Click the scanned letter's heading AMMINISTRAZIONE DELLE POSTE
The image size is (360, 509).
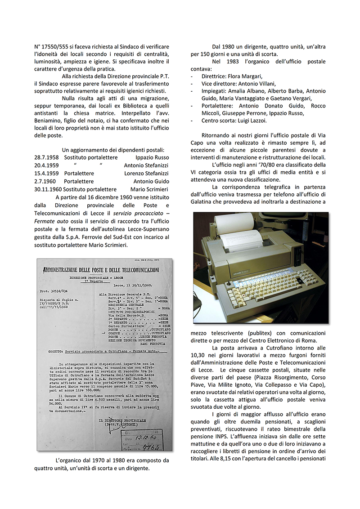pyautogui.click(x=100, y=270)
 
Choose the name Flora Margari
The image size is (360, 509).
pyautogui.click(x=244, y=76)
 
